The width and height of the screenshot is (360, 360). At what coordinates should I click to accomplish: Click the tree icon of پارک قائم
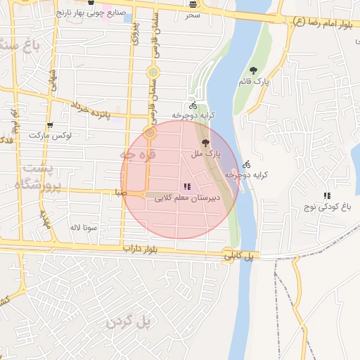pyautogui.click(x=253, y=70)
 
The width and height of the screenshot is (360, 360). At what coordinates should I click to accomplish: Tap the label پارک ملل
pyautogui.click(x=208, y=152)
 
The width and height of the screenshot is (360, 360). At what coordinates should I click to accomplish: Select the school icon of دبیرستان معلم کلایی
pyautogui.click(x=186, y=186)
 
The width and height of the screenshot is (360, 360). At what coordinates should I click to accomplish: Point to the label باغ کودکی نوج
pyautogui.click(x=326, y=207)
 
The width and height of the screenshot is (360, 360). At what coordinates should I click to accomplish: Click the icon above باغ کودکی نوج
pyautogui.click(x=326, y=195)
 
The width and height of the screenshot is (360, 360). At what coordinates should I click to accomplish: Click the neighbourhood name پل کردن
pyautogui.click(x=129, y=321)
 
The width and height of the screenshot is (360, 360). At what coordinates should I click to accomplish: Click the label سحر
pyautogui.click(x=193, y=14)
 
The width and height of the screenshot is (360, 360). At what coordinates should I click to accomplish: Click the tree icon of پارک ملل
pyautogui.click(x=205, y=143)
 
